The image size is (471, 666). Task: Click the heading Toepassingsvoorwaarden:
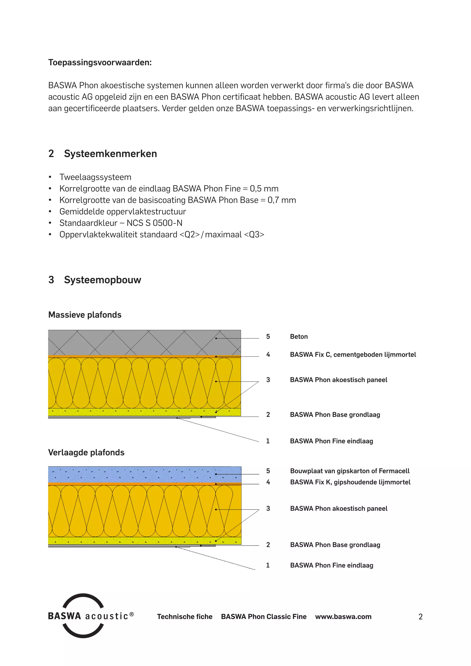(x=100, y=62)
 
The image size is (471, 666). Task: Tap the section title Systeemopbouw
(x=102, y=280)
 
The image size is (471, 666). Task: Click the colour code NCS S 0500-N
(x=154, y=223)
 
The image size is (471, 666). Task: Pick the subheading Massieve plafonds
(x=85, y=315)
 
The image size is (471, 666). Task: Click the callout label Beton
(x=299, y=336)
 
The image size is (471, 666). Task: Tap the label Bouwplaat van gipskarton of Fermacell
(x=350, y=471)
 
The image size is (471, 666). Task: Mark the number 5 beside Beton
(x=268, y=336)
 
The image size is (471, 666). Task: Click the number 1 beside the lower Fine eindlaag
(x=268, y=565)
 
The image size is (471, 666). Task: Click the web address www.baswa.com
(x=343, y=617)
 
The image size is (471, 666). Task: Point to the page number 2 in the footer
(x=420, y=617)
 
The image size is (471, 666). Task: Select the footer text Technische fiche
(x=184, y=617)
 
